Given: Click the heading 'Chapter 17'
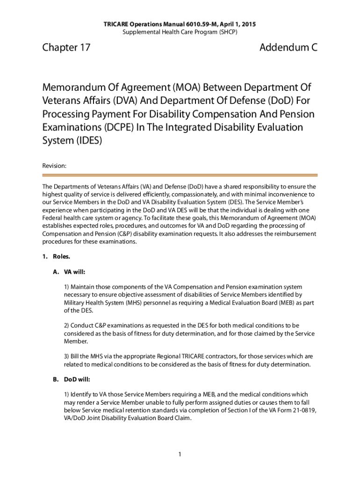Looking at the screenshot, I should [x=66, y=47].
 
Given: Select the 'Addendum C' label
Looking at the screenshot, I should [x=288, y=47].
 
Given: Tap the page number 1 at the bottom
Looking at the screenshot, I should [x=180, y=454].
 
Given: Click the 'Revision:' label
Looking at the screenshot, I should [x=54, y=166].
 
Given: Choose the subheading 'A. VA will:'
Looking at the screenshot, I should [x=69, y=272].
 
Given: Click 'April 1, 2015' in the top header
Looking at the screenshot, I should [x=238, y=24].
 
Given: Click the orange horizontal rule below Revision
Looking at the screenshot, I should [x=180, y=175].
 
